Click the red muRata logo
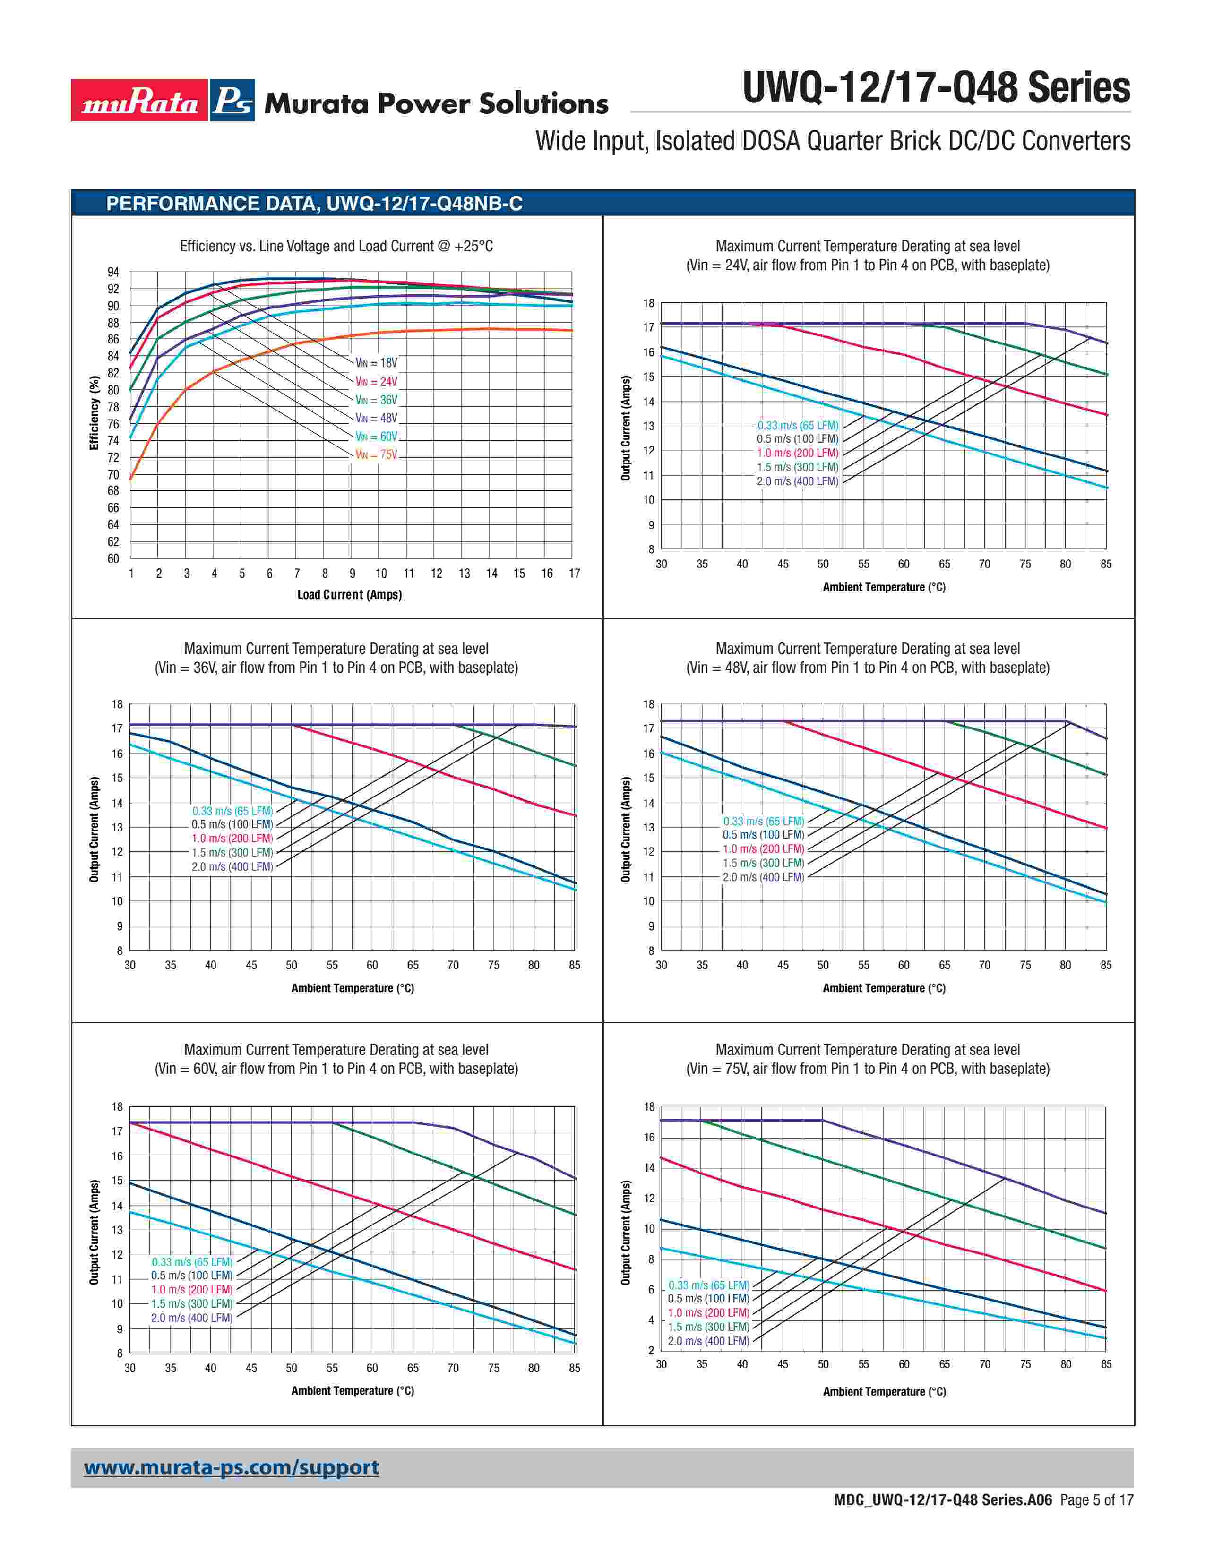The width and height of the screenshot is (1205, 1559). (x=139, y=101)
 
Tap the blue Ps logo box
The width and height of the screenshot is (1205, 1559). (x=232, y=101)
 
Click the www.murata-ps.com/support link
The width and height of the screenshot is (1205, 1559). (x=231, y=1467)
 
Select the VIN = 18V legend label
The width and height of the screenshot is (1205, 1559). (x=376, y=363)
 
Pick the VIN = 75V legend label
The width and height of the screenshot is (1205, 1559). (x=376, y=454)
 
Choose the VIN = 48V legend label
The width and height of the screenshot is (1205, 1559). (x=376, y=418)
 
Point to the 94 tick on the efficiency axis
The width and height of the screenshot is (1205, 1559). (x=113, y=272)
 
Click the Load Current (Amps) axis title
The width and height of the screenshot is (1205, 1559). (x=349, y=595)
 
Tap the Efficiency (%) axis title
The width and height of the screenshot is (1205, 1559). (x=94, y=413)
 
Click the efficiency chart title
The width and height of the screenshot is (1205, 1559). (x=336, y=246)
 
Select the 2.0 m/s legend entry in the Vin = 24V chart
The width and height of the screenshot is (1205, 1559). (x=797, y=481)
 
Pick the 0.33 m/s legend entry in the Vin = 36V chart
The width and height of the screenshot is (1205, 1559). (x=232, y=811)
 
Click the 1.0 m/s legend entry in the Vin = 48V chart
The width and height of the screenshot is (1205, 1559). (x=763, y=849)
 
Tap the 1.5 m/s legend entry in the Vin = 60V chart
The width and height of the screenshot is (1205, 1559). (x=191, y=1303)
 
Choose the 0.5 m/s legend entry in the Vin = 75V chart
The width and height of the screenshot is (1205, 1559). (x=708, y=1298)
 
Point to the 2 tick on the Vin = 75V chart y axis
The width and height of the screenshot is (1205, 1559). (x=650, y=1350)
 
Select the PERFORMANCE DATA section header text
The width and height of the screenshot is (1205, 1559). (x=314, y=204)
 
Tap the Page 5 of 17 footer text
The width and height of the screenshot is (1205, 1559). (x=1096, y=1500)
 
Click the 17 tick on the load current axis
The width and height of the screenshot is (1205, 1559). (x=574, y=573)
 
